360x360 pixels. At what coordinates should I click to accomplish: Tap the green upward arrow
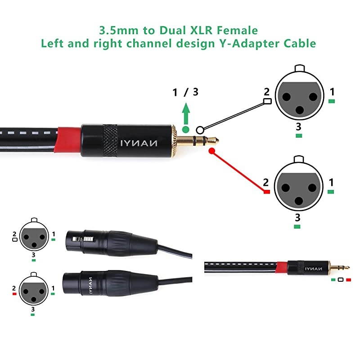(185, 111)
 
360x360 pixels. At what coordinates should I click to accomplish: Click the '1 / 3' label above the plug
(185, 92)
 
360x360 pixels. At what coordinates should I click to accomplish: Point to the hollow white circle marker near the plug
(200, 129)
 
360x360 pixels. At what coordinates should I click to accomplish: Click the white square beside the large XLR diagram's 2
(267, 101)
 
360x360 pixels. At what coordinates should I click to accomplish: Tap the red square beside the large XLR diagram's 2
(266, 192)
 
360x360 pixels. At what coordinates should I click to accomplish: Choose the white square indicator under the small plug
(341, 280)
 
